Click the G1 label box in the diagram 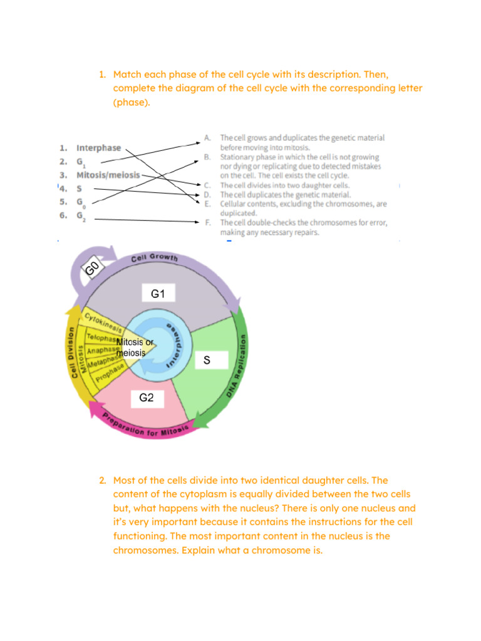tap(158, 293)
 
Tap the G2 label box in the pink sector tap(147, 397)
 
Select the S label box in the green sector tap(207, 361)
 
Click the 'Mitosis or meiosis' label tap(134, 347)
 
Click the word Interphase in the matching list tap(99, 148)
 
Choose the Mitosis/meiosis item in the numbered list tap(108, 175)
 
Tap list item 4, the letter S tap(80, 188)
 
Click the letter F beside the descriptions tap(207, 223)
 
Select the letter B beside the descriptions tap(207, 157)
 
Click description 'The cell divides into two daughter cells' tap(284, 186)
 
